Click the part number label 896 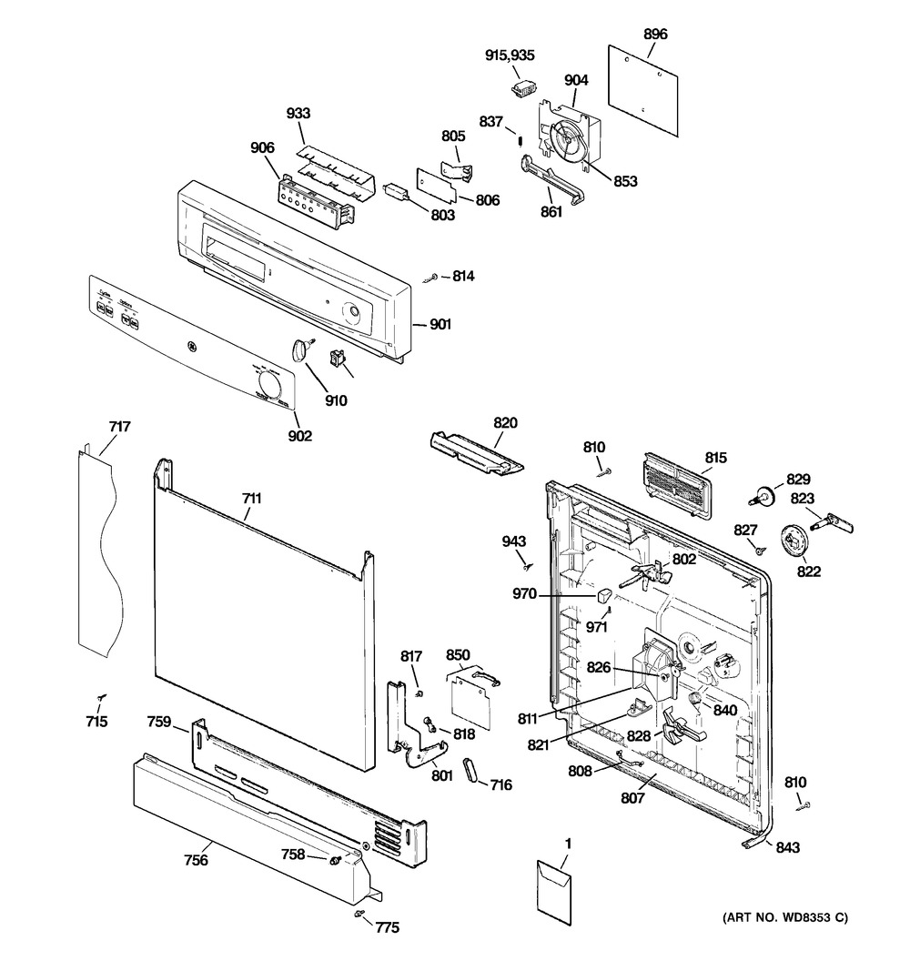[x=655, y=34]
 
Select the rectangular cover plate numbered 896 [x=644, y=82]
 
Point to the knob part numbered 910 [x=300, y=348]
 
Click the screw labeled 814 [x=434, y=276]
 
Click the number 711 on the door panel [x=252, y=498]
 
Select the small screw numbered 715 [x=101, y=697]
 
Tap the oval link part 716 [x=472, y=769]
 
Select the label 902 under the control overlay [x=299, y=436]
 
